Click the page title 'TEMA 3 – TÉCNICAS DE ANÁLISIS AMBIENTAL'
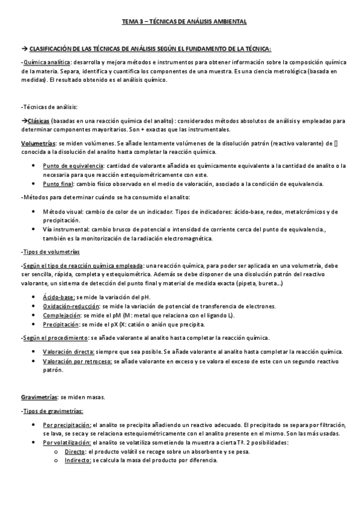click(180, 22)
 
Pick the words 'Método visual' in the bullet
click(60, 212)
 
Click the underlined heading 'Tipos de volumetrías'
click(50, 251)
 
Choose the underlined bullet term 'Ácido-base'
click(58, 297)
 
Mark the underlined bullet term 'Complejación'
click(62, 315)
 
